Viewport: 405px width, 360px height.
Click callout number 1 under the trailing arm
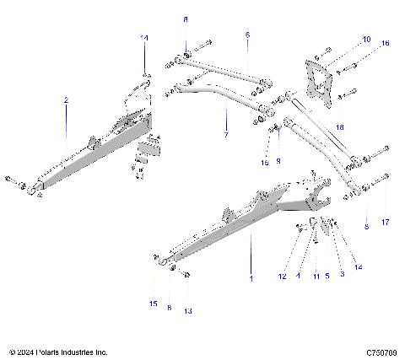pyautogui.click(x=251, y=279)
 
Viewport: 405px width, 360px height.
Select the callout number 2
pyautogui.click(x=66, y=99)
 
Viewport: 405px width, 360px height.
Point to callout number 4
pyautogui.click(x=298, y=276)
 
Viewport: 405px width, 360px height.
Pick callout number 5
pyautogui.click(x=327, y=276)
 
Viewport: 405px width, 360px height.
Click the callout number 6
pyautogui.click(x=248, y=35)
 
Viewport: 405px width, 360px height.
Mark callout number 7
pyautogui.click(x=225, y=134)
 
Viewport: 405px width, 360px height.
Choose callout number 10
pyautogui.click(x=366, y=40)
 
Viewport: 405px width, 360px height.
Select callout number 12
pyautogui.click(x=283, y=276)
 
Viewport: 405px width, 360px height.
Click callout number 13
pyautogui.click(x=188, y=311)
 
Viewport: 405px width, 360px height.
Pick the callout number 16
pyautogui.click(x=386, y=42)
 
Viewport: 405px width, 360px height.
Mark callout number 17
pyautogui.click(x=386, y=223)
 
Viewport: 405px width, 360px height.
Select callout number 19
pyautogui.click(x=264, y=161)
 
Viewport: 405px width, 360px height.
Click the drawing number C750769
pyautogui.click(x=382, y=352)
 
